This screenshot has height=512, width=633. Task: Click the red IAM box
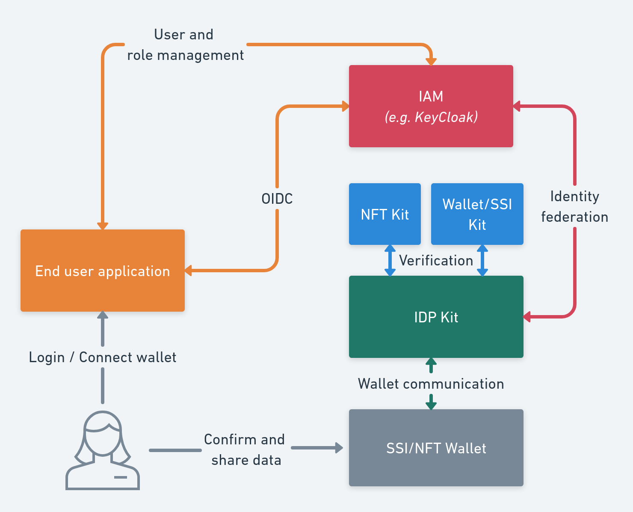click(431, 106)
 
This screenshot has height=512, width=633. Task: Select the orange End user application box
click(103, 271)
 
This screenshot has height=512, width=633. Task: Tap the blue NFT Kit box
click(385, 214)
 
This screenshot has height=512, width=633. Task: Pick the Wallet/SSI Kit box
click(477, 214)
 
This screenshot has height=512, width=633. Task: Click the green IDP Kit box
click(436, 317)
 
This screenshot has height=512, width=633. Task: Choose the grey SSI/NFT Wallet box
click(436, 448)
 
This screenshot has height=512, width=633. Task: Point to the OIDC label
click(277, 199)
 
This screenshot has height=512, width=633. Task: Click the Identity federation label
click(574, 207)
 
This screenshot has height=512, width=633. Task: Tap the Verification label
click(436, 260)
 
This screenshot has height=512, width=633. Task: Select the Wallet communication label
click(431, 384)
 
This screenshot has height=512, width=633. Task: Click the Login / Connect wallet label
click(103, 357)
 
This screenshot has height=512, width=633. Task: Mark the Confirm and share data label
click(245, 449)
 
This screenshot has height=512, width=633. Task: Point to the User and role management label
click(185, 45)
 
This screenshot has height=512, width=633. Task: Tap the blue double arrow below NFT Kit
click(390, 260)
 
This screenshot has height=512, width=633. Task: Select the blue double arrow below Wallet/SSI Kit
click(482, 260)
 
